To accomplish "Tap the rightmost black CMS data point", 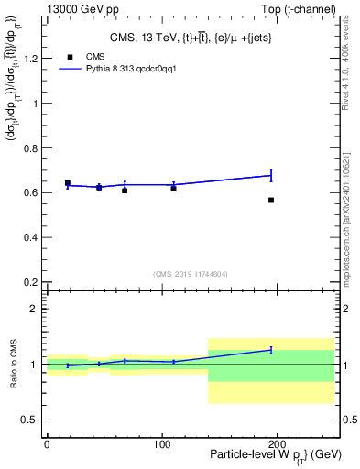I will [x=271, y=200].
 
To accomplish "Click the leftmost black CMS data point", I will [x=68, y=184].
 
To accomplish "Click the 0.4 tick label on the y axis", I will [x=31, y=237].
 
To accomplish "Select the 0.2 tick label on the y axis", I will [x=31, y=282].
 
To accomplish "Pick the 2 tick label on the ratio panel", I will [x=35, y=309].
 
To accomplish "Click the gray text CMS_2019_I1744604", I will [x=191, y=273].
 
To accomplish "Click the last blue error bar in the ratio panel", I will [x=271, y=350].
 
